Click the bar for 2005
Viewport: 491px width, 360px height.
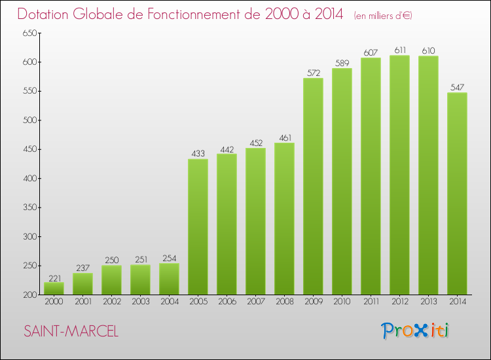point(198,226)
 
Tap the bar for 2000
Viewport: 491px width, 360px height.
point(54,288)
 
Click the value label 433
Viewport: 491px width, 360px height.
point(198,154)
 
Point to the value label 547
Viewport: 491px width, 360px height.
point(457,87)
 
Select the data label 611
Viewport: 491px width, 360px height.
point(399,50)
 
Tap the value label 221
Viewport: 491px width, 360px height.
point(54,278)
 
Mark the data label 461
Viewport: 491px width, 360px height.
point(284,137)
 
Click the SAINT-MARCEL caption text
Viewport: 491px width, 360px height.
point(71,332)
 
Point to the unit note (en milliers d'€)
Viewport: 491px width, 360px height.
point(383,15)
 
